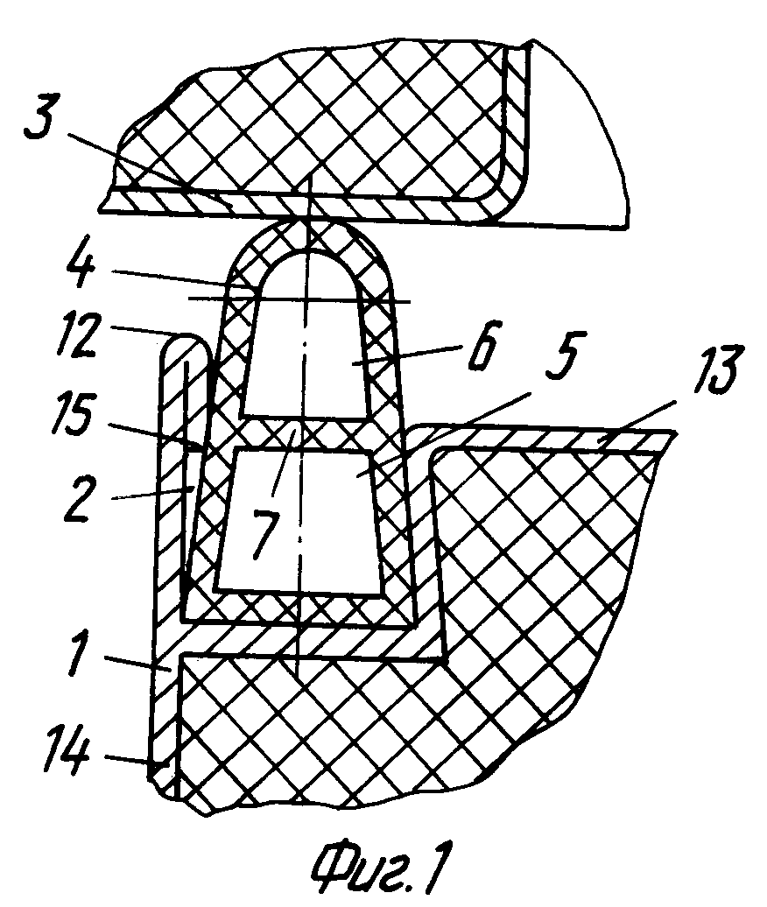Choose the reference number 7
click(x=265, y=532)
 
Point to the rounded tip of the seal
click(x=309, y=229)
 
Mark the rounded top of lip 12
click(x=184, y=342)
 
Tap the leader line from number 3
click(x=150, y=169)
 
